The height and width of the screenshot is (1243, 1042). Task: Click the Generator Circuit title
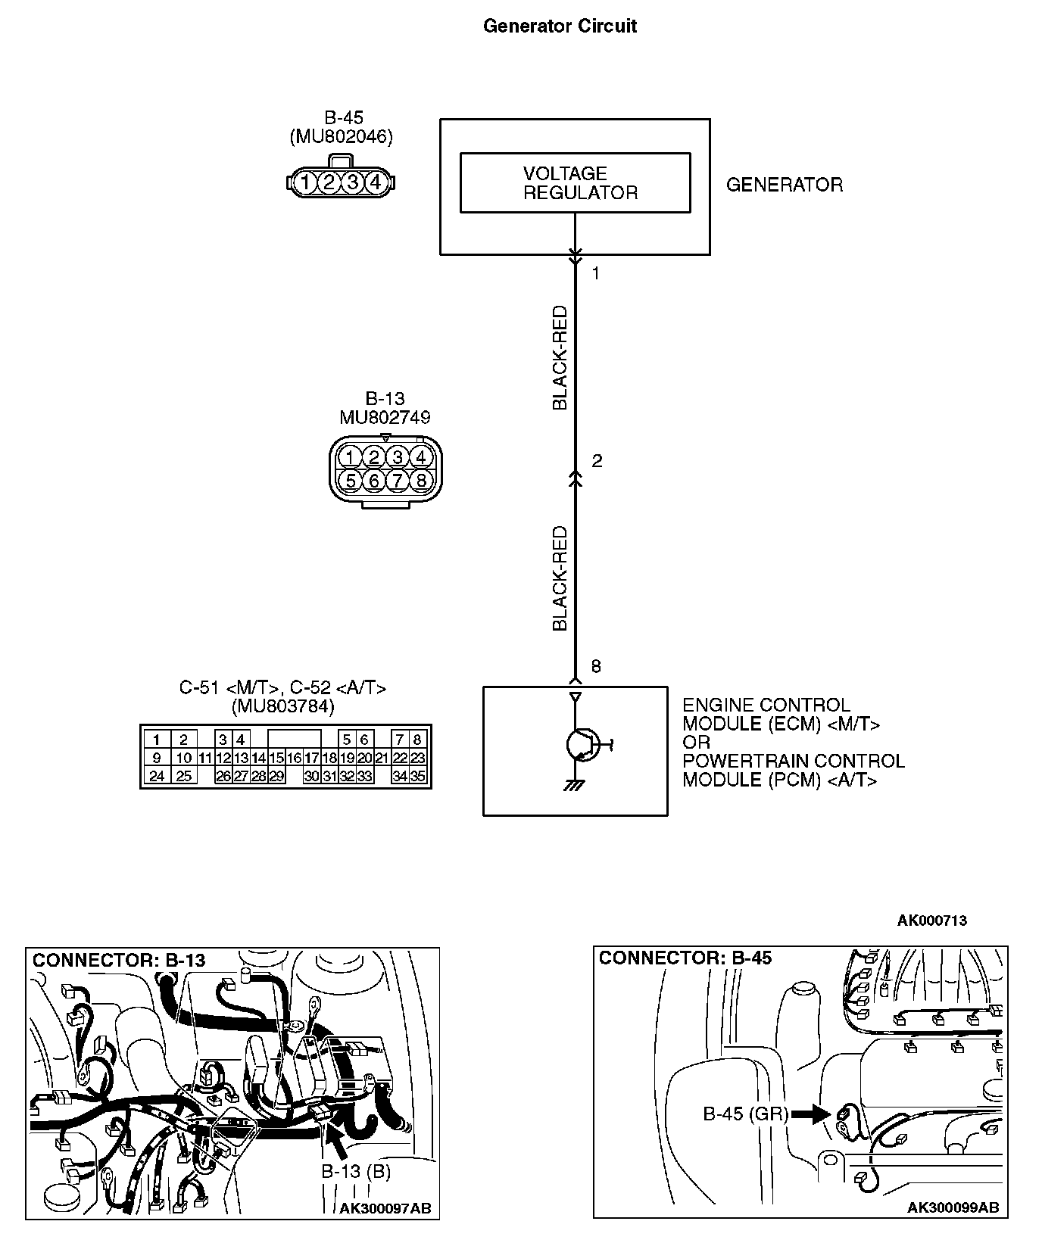click(560, 26)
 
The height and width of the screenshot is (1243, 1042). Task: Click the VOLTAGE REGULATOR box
click(575, 182)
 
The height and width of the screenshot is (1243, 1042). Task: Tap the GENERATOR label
click(784, 185)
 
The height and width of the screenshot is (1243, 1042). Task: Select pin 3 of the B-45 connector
click(352, 182)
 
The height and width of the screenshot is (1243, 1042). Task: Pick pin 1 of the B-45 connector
click(304, 182)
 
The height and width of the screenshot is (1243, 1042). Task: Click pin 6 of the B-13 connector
click(374, 480)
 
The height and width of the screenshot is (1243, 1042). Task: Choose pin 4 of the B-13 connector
click(421, 456)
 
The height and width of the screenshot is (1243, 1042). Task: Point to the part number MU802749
click(385, 417)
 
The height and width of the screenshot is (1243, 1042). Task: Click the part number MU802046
click(341, 137)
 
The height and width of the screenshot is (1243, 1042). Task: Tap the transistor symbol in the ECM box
click(582, 745)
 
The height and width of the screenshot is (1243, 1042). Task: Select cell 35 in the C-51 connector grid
click(417, 776)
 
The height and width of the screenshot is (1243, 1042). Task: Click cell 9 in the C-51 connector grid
click(157, 758)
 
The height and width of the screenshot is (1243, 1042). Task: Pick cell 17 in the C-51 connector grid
click(311, 758)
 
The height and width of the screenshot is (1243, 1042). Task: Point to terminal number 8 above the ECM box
click(596, 666)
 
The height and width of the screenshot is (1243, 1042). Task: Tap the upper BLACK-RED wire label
click(560, 357)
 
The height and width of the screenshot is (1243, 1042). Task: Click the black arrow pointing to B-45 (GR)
click(810, 1114)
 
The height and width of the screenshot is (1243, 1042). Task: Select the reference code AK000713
click(931, 921)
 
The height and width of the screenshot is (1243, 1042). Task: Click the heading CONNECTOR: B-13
click(119, 961)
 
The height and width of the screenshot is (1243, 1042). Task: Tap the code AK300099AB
click(953, 1207)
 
